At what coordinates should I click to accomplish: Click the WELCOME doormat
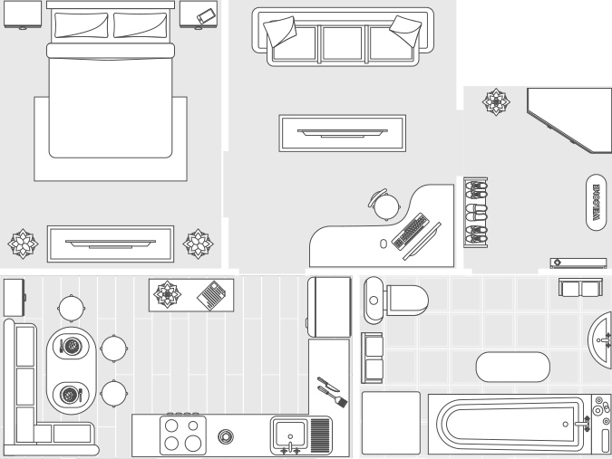(596, 203)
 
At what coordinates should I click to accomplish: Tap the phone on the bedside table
(206, 15)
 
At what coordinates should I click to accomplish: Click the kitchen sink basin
(289, 432)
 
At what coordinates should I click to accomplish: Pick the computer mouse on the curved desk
(384, 244)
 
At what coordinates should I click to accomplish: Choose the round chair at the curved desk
(385, 206)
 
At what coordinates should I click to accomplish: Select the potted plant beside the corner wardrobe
(496, 101)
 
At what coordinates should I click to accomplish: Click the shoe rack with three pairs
(476, 212)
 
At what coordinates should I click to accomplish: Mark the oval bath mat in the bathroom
(513, 367)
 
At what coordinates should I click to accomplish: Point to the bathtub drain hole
(566, 423)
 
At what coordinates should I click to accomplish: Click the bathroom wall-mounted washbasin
(602, 337)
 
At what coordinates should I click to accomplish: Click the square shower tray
(391, 422)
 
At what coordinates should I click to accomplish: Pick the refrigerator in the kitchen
(328, 307)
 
